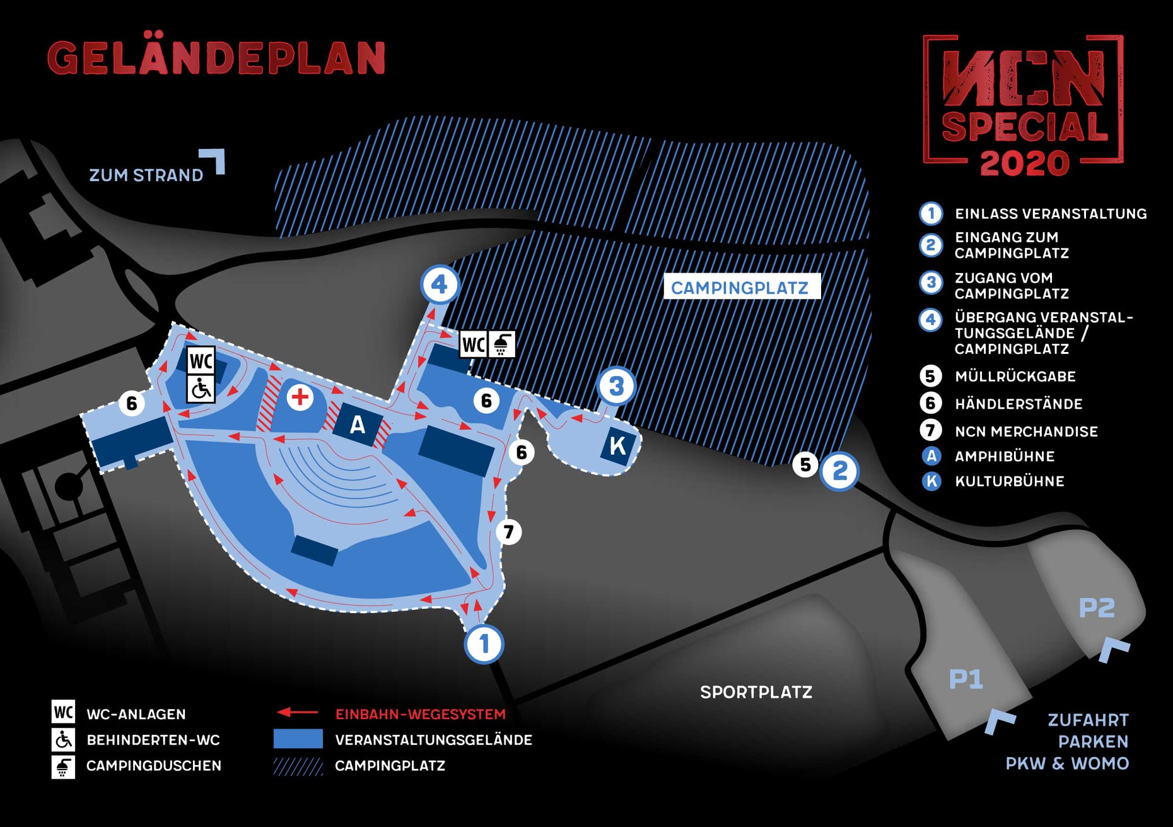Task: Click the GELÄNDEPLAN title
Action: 216,58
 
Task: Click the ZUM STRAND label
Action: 146,175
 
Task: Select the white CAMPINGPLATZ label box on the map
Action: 741,287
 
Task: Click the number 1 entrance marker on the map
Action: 484,644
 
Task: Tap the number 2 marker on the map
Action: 839,471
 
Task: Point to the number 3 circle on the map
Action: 616,386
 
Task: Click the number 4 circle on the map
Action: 440,284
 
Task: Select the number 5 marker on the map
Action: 805,465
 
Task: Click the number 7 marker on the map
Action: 509,532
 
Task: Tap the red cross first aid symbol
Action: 300,397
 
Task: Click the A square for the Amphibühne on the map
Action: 358,425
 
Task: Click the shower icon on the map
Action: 502,344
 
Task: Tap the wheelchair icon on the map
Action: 201,389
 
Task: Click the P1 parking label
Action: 966,679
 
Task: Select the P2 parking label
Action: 1096,608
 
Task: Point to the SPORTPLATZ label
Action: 756,692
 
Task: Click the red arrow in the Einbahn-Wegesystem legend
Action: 297,713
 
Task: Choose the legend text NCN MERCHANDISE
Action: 1026,431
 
